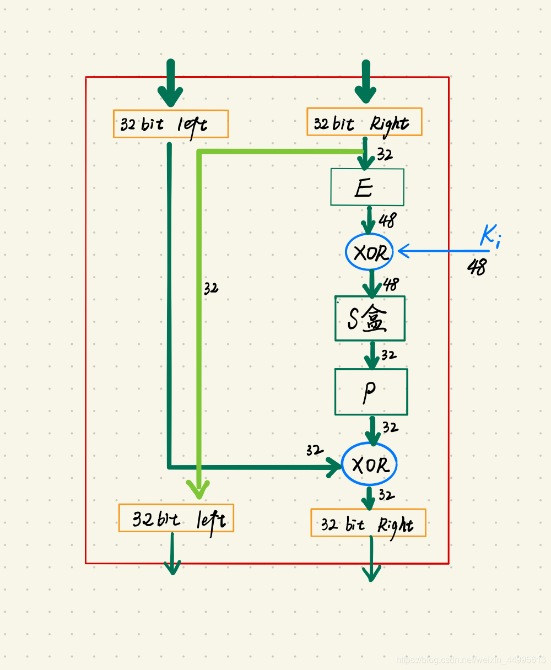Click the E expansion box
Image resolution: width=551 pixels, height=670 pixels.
pos(367,187)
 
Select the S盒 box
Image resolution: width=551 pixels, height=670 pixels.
pos(370,318)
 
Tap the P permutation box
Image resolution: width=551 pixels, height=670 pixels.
pos(371,392)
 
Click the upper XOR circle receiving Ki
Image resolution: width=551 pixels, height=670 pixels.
pos(369,252)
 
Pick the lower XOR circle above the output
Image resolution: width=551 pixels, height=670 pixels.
pos(369,464)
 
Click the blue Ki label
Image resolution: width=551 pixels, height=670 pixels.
pos(490,235)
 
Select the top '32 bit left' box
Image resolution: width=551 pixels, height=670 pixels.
pos(171,124)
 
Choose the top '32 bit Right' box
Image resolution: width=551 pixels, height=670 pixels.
pos(364,122)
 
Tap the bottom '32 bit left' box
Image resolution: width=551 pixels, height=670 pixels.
pos(176,518)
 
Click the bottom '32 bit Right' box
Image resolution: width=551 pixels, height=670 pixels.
pos(368,523)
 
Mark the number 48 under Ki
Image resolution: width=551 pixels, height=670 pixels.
pos(477,267)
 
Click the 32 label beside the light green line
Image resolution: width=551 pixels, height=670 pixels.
pos(211,288)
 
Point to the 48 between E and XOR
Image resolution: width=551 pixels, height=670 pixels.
pos(387,220)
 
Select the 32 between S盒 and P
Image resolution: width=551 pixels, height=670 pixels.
pos(388,355)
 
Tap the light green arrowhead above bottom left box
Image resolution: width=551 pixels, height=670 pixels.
pos(198,489)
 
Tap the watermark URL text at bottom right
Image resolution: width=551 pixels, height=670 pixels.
pos(471,660)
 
